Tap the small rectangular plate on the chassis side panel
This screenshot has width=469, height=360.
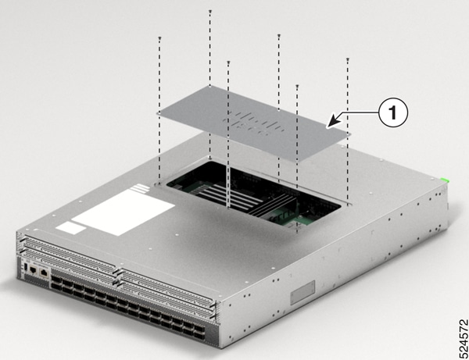pyautogui.click(x=301, y=298)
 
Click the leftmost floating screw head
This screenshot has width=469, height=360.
pyautogui.click(x=159, y=37)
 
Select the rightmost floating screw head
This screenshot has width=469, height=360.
pyautogui.click(x=347, y=60)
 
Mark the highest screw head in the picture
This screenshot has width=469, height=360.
pyautogui.click(x=211, y=11)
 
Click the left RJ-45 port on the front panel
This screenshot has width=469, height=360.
pyautogui.click(x=34, y=271)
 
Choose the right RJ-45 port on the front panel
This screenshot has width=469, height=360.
pyautogui.click(x=45, y=274)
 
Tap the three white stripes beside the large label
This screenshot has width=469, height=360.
pyautogui.click(x=140, y=187)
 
